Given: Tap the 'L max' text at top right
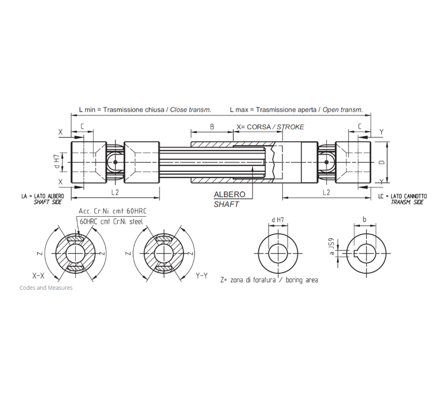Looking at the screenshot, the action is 239,110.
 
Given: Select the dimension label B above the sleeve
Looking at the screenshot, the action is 212,127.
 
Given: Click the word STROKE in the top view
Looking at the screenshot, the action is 290,127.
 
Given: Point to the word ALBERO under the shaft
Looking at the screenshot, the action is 229,194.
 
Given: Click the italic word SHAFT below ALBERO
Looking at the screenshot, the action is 226,204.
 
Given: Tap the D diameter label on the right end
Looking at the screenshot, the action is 382,162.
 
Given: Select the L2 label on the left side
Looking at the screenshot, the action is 115,193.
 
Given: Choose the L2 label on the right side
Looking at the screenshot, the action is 326,193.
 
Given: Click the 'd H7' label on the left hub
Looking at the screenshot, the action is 57,162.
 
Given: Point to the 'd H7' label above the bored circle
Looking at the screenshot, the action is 278,220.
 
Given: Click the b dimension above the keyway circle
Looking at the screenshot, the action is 364,220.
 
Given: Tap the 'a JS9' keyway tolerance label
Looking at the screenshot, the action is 331,247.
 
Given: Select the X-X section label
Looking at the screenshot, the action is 38,275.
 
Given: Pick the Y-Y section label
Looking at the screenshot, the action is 201,275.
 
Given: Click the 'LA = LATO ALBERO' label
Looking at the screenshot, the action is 42,196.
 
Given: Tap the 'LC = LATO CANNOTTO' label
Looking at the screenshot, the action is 402,196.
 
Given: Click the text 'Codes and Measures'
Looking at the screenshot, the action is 46,288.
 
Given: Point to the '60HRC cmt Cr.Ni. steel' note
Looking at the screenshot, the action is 111,221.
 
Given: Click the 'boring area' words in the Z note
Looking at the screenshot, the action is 302,280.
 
